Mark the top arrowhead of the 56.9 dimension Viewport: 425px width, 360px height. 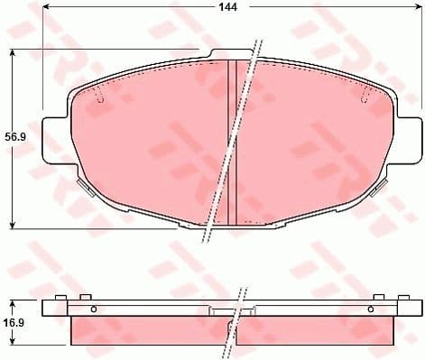(x=12, y=52)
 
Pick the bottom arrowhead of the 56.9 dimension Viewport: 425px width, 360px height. (x=12, y=223)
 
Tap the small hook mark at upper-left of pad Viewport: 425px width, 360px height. (x=100, y=97)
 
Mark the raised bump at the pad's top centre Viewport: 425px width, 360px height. (x=231, y=53)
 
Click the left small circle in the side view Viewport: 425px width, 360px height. (x=93, y=308)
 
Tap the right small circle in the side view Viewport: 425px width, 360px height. (x=369, y=308)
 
